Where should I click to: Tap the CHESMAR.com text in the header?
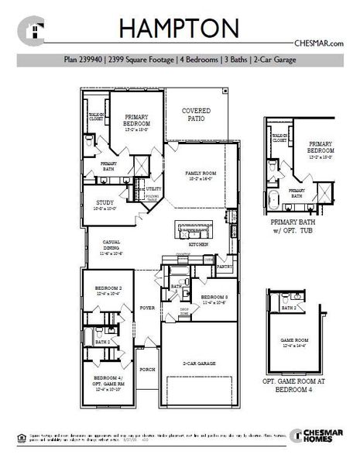click(318, 44)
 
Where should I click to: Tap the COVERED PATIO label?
click(196, 115)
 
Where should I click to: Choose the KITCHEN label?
click(197, 244)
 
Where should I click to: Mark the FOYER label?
click(147, 308)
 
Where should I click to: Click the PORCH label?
click(147, 370)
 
